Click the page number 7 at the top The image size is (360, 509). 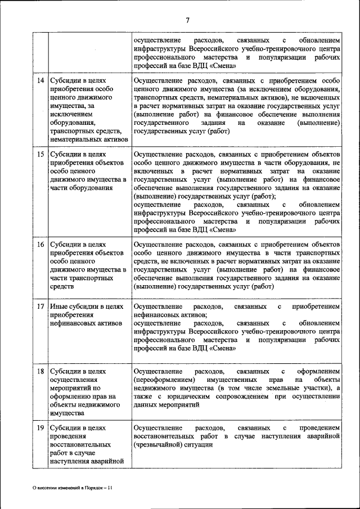click(x=188, y=21)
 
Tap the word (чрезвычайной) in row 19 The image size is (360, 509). click(x=156, y=444)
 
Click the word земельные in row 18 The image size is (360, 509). click(x=284, y=388)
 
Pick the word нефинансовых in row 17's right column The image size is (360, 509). click(x=158, y=315)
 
